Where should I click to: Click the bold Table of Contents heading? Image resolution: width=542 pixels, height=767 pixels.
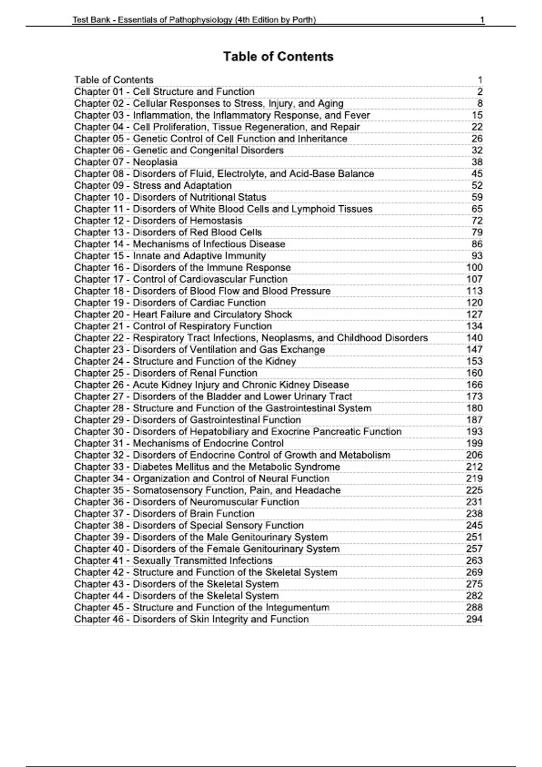pyautogui.click(x=278, y=57)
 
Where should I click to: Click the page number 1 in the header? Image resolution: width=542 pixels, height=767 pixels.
pyautogui.click(x=482, y=20)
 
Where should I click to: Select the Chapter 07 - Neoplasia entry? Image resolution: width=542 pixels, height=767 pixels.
pyautogui.click(x=126, y=162)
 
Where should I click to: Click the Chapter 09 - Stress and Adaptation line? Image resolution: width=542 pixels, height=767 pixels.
pyautogui.click(x=153, y=185)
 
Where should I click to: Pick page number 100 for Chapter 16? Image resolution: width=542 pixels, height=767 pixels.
pyautogui.click(x=474, y=268)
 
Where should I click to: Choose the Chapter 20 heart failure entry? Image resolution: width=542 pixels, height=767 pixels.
pyautogui.click(x=183, y=314)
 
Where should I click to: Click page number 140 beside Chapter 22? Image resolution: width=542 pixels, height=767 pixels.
pyautogui.click(x=474, y=338)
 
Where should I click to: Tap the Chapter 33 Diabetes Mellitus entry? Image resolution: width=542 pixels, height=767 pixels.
pyautogui.click(x=207, y=467)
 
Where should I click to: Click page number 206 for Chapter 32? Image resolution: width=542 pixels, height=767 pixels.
pyautogui.click(x=474, y=455)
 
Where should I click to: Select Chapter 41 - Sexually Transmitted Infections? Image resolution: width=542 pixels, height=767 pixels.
pyautogui.click(x=173, y=561)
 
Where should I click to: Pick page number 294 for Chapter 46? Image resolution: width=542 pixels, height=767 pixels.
pyautogui.click(x=474, y=619)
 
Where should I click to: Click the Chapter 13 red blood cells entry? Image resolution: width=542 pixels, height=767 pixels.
pyautogui.click(x=168, y=232)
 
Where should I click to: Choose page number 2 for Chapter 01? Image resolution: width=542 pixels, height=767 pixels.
pyautogui.click(x=480, y=92)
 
